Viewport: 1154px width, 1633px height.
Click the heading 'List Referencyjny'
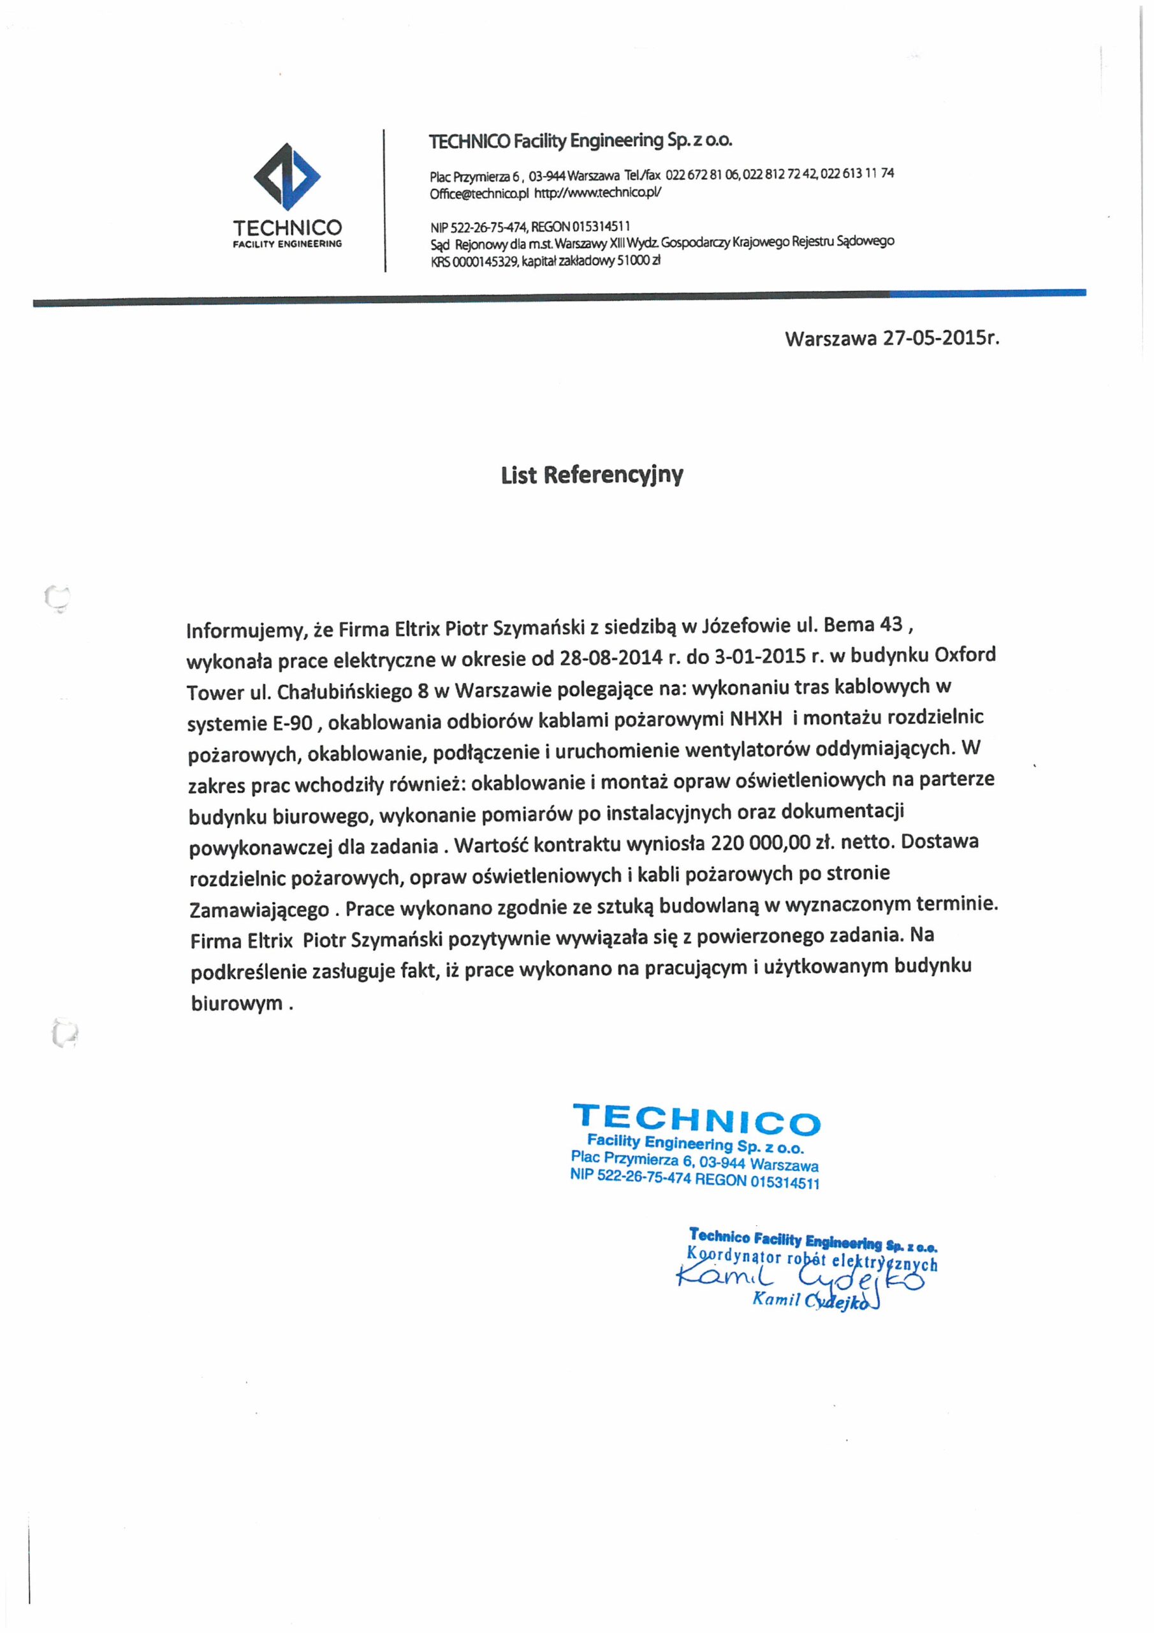pyautogui.click(x=592, y=475)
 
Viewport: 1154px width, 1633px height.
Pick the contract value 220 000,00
pyautogui.click(x=760, y=843)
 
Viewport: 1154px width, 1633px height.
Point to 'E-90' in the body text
pyautogui.click(x=292, y=723)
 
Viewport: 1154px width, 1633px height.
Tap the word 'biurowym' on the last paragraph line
pyautogui.click(x=237, y=1003)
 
